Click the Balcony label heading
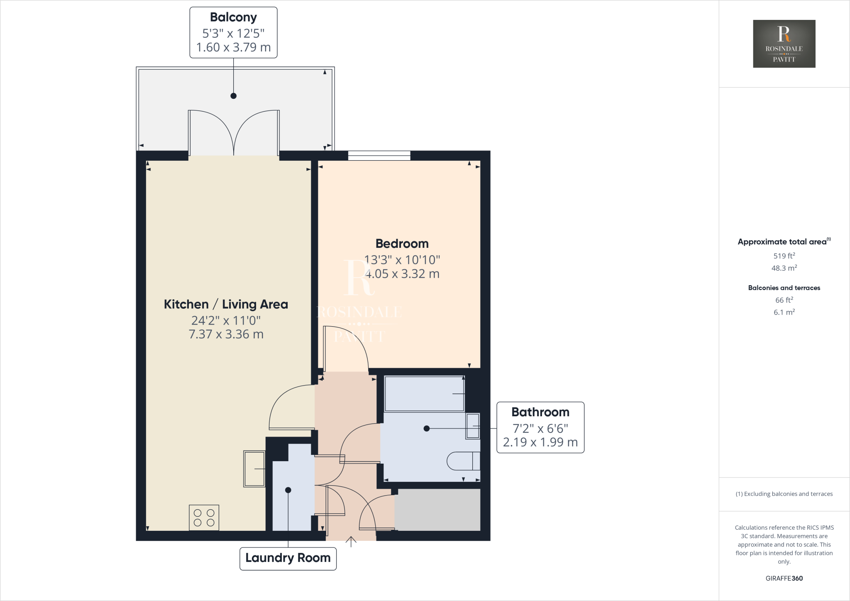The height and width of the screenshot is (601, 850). point(233,17)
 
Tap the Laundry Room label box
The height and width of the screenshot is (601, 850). point(288,558)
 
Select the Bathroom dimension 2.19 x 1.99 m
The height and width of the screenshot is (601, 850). point(540,442)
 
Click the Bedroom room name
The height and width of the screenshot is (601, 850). point(402,244)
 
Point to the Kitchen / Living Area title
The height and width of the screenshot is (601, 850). point(226,304)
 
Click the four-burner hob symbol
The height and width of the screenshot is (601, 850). point(204,518)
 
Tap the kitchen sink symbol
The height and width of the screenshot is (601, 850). point(254,469)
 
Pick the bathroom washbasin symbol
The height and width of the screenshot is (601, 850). point(473,426)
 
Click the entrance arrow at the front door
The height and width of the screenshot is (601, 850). point(351,541)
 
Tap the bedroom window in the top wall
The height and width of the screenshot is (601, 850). point(379,156)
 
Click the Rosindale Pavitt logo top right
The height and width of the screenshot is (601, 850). point(784,44)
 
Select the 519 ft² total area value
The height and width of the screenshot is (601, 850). point(784,256)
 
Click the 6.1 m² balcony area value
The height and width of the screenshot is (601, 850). point(784,312)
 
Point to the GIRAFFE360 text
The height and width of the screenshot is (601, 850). point(784,578)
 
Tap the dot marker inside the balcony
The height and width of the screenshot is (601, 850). point(233,96)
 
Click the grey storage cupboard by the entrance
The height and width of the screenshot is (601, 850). point(437,510)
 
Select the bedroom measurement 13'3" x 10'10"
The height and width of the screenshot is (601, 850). point(402,260)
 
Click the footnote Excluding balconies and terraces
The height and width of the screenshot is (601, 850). point(784,494)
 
